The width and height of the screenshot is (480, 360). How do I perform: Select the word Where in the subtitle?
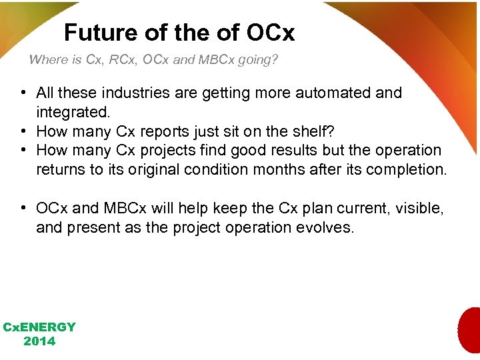click(x=48, y=60)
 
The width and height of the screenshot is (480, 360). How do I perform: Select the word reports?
click(x=167, y=131)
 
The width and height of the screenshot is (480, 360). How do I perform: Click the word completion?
click(x=407, y=169)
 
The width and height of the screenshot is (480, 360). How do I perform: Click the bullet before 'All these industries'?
click(x=23, y=93)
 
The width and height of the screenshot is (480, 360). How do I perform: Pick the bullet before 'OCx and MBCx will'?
click(x=23, y=209)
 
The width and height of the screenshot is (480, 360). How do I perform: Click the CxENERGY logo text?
click(x=39, y=327)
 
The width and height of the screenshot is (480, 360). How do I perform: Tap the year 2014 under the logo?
click(x=39, y=341)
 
